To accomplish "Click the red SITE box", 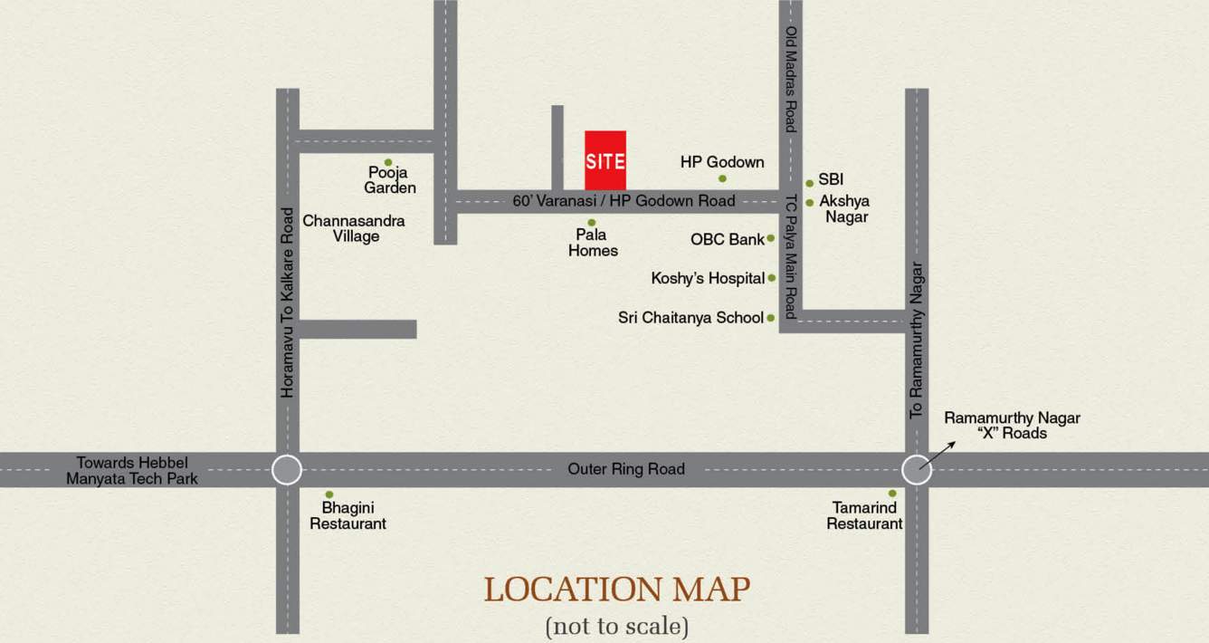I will pos(604,161).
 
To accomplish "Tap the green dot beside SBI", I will pos(809,183).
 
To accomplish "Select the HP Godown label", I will pos(722,162).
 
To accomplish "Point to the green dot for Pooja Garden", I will pos(388,163).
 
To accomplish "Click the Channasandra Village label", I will pos(354,228).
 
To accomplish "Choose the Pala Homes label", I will pos(593,242).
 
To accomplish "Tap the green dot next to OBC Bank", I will pos(770,239).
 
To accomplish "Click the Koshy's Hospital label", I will pos(708,278).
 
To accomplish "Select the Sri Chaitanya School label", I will pos(690,318).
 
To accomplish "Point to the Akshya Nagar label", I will pos(844,209).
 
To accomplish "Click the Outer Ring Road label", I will pos(626,469).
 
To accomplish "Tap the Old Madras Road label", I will pos(791,80).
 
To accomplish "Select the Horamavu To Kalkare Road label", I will pos(288,302).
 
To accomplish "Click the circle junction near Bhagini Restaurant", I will pos(287,470).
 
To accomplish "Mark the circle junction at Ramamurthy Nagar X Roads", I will pos(917,470).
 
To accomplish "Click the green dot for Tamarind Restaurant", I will pos(892,494).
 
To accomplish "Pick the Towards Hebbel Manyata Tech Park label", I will pos(132,470).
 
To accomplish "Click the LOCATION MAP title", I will pos(616,590).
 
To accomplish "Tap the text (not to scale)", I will pos(616,625).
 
